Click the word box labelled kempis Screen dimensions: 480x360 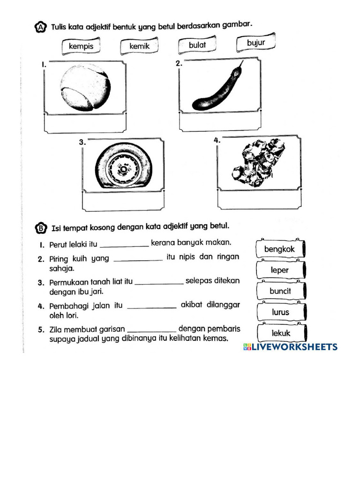[x=81, y=46]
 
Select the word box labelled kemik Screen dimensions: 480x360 [x=139, y=46]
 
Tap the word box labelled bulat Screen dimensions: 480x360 [x=197, y=45]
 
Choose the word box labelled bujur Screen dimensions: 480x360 [x=256, y=43]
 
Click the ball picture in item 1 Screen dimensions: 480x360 [x=85, y=87]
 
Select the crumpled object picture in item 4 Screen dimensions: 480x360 [x=258, y=164]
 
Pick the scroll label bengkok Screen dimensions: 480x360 [x=280, y=249]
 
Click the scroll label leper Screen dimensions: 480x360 [x=280, y=270]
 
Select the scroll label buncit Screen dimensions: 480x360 [x=280, y=291]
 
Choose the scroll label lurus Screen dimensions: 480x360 [x=280, y=312]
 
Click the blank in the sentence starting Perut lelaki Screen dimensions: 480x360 [x=124, y=245]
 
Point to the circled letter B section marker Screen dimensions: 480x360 [x=41, y=228]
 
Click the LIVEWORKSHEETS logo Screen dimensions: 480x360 [x=290, y=347]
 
